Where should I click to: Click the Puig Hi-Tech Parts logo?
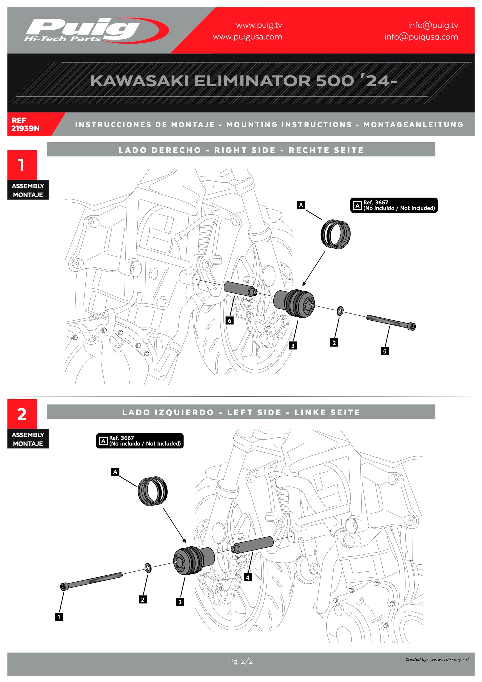click(96, 30)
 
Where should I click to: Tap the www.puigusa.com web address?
click(248, 37)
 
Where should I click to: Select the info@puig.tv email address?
click(433, 25)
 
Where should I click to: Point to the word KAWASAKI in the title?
click(139, 81)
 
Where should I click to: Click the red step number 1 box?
click(22, 165)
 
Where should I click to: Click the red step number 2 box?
click(22, 414)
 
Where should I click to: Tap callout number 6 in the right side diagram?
click(229, 321)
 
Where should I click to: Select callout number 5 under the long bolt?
click(385, 351)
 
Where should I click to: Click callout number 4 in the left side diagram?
click(248, 577)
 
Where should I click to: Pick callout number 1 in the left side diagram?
click(59, 617)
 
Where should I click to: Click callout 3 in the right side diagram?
click(293, 346)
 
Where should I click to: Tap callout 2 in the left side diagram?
click(143, 599)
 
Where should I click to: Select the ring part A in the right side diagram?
click(336, 234)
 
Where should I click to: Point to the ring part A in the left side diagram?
click(153, 491)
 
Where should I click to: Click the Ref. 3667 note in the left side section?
click(140, 441)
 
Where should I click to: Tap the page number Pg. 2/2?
click(241, 661)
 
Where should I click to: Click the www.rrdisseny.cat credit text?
click(449, 659)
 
